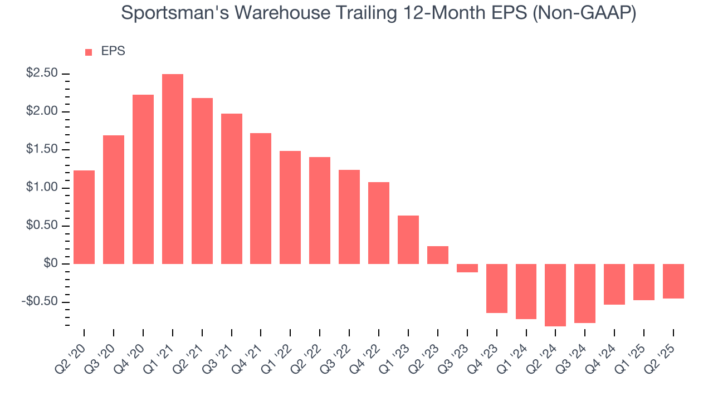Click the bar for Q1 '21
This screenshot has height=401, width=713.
[x=173, y=169]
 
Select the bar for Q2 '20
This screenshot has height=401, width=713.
[x=84, y=217]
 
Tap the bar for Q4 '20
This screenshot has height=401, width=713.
[x=143, y=179]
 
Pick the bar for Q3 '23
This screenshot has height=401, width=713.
[x=467, y=268]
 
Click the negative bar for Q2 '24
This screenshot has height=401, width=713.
[x=555, y=295]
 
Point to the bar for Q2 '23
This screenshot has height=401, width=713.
[x=438, y=255]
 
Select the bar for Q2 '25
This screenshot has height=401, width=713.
[x=673, y=281]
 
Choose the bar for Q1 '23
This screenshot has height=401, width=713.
[x=408, y=239]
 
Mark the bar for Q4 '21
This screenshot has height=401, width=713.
[x=261, y=198]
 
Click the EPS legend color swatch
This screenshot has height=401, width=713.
[x=89, y=52]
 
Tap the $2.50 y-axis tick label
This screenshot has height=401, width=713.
[x=42, y=74]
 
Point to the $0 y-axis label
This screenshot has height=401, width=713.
[x=51, y=263]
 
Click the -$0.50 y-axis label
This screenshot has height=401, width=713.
[x=40, y=301]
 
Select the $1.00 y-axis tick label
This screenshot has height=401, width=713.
[x=42, y=188]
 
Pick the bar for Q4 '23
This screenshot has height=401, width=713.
[x=496, y=288]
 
